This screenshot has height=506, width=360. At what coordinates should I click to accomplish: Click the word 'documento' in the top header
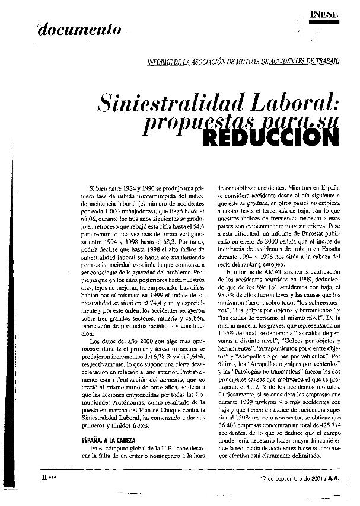click(80, 29)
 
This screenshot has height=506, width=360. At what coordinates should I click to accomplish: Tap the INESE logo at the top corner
click(324, 14)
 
